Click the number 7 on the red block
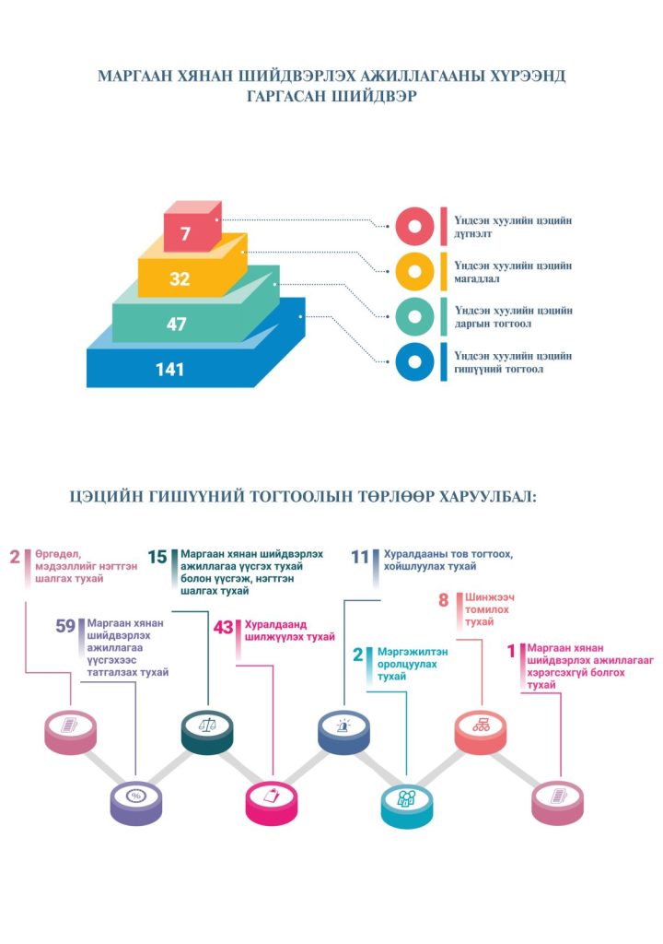(x=186, y=234)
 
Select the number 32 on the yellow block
(x=180, y=278)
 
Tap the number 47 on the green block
(x=177, y=324)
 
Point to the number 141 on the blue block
(x=169, y=370)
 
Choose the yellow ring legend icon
(x=414, y=272)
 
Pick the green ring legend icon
(x=414, y=317)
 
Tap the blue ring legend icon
(x=414, y=362)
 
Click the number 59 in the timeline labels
(x=65, y=627)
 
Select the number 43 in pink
(x=224, y=628)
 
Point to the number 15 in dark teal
(x=157, y=556)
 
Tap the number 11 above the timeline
(x=360, y=556)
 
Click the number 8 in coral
(x=443, y=601)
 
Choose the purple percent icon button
(x=136, y=796)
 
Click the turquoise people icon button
(x=407, y=797)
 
